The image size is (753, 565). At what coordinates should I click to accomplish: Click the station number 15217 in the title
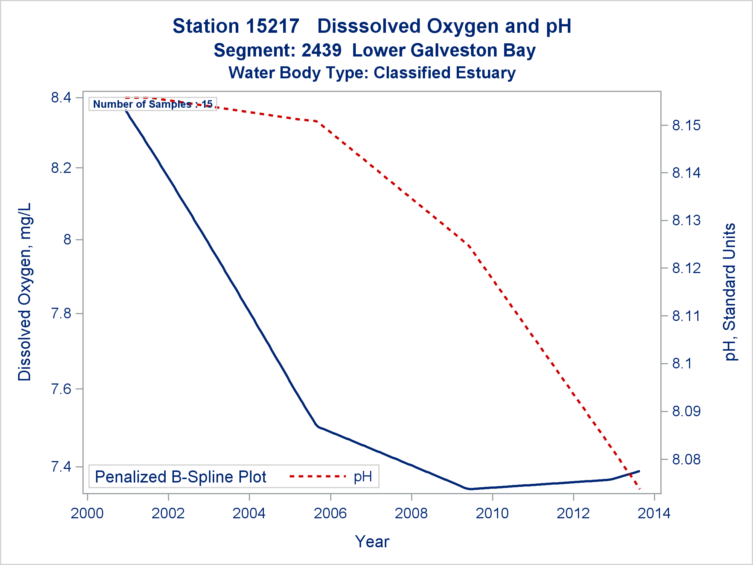point(273,26)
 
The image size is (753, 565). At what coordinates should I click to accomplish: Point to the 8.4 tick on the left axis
point(61,98)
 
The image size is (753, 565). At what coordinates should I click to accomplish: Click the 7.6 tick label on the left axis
point(61,389)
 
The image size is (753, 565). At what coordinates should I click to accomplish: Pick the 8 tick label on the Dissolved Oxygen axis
point(67,240)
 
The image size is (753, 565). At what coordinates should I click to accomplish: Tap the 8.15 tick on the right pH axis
point(686,125)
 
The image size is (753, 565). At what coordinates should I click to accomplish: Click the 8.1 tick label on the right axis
point(682,363)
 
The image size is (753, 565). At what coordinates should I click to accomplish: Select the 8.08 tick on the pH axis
point(686,459)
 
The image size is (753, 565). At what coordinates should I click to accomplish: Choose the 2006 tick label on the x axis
point(330,513)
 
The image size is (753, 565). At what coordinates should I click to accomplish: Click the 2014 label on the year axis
point(654,513)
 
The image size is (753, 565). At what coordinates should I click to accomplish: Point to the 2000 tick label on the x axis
point(87,513)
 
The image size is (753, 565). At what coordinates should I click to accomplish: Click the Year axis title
point(372,542)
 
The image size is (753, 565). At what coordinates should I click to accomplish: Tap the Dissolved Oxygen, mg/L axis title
point(25,292)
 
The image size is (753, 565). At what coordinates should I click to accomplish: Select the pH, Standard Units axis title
point(730,292)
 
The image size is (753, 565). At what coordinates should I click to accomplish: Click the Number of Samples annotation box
point(153,104)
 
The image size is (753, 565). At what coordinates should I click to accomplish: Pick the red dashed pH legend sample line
point(317,476)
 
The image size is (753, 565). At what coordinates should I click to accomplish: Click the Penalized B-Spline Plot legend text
point(181,477)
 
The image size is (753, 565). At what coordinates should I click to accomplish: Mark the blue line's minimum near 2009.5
point(471,489)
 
